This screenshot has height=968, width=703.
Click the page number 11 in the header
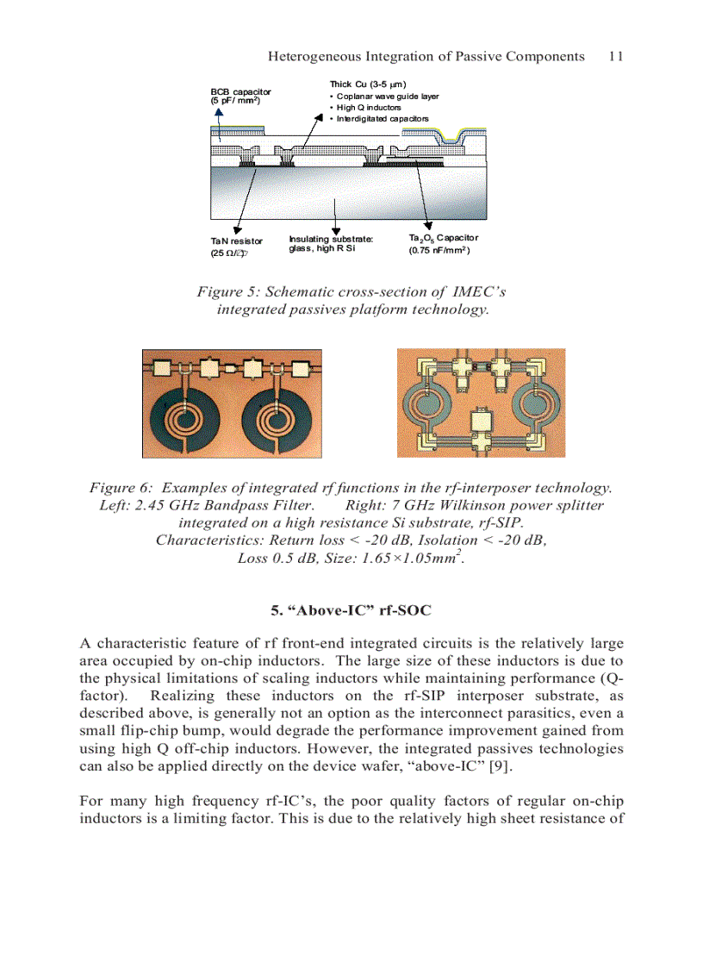(x=615, y=57)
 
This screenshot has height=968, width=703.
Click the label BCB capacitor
(x=240, y=91)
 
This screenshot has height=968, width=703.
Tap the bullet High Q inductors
(x=368, y=108)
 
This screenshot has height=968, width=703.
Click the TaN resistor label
(x=237, y=241)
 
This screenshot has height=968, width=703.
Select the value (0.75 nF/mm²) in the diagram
(x=439, y=251)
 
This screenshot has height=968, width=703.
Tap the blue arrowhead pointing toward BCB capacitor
(x=218, y=137)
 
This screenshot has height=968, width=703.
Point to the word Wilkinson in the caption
(x=460, y=505)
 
